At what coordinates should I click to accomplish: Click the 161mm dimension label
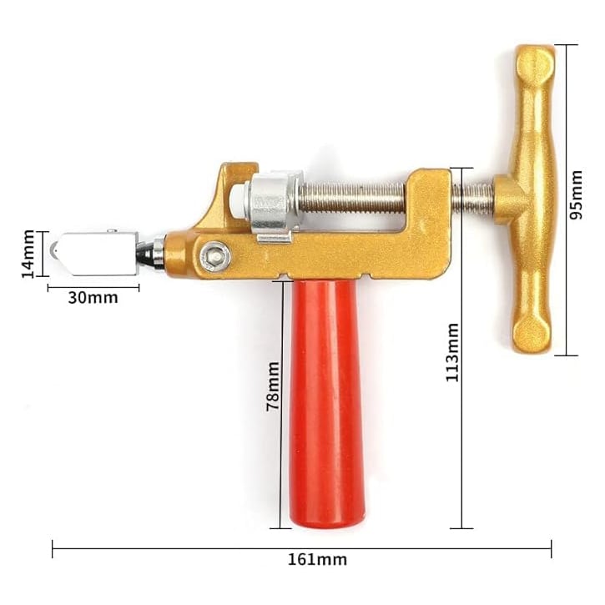(x=317, y=559)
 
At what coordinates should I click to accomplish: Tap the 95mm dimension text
(x=576, y=194)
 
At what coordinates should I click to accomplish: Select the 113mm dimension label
(x=452, y=352)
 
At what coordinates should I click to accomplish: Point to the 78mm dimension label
(x=273, y=386)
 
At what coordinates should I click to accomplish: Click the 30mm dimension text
(x=93, y=298)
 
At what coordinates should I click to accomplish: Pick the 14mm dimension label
(x=28, y=254)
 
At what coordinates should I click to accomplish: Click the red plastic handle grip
(x=326, y=404)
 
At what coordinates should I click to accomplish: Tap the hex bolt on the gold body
(x=215, y=255)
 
